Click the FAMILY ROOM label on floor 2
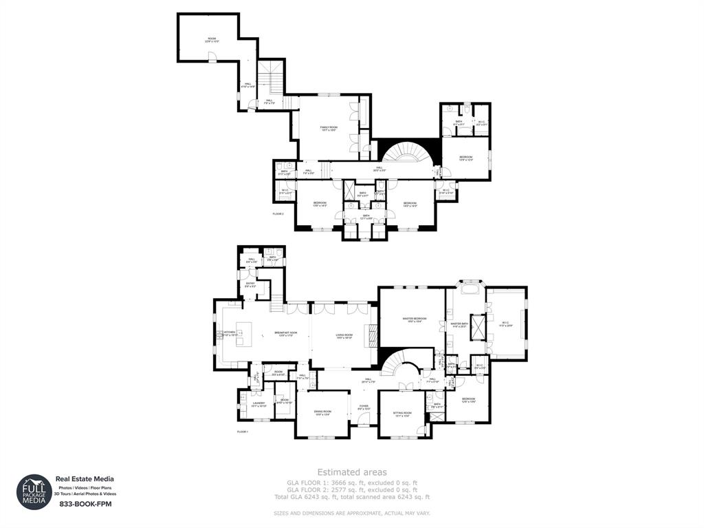tap(329, 128)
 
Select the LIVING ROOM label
tap(344, 336)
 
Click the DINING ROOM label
tap(322, 413)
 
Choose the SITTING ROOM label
tap(401, 414)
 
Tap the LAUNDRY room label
tap(258, 405)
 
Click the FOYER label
tap(364, 408)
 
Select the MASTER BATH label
tap(459, 324)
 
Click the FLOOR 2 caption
tap(278, 214)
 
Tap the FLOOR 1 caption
tap(242, 432)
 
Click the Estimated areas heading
tap(351, 472)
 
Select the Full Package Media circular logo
tap(34, 492)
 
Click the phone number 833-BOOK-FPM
tap(84, 504)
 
